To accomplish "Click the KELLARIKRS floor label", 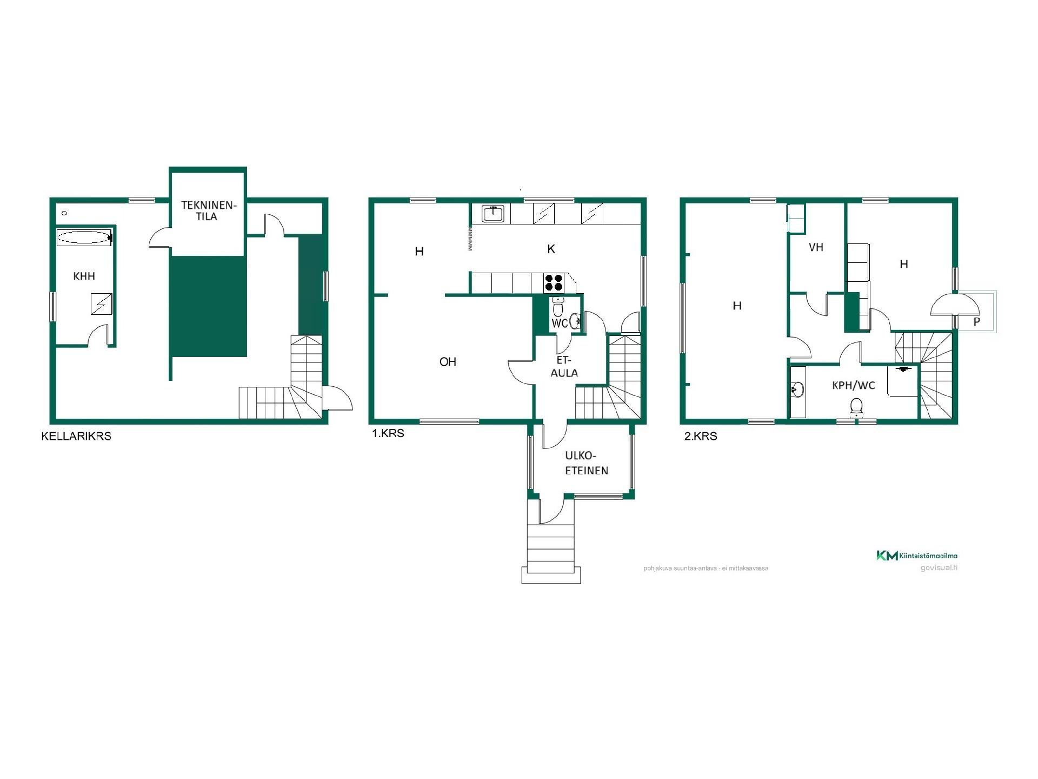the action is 76,436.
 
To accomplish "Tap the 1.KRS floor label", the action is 388,433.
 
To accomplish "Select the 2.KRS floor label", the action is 701,436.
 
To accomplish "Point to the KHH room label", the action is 84,276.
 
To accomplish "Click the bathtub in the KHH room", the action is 84,237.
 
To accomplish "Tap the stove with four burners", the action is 554,283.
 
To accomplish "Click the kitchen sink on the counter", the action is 493,214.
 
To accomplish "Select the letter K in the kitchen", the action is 551,249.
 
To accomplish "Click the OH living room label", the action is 448,362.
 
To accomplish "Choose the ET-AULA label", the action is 564,367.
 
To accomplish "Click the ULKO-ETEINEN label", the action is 587,463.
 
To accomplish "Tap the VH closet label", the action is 816,248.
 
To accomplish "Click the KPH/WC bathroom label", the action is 854,386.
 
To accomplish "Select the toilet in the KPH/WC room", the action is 856,407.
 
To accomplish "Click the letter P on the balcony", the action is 976,322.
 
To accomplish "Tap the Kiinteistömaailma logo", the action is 917,556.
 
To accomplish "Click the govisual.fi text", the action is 939,568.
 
